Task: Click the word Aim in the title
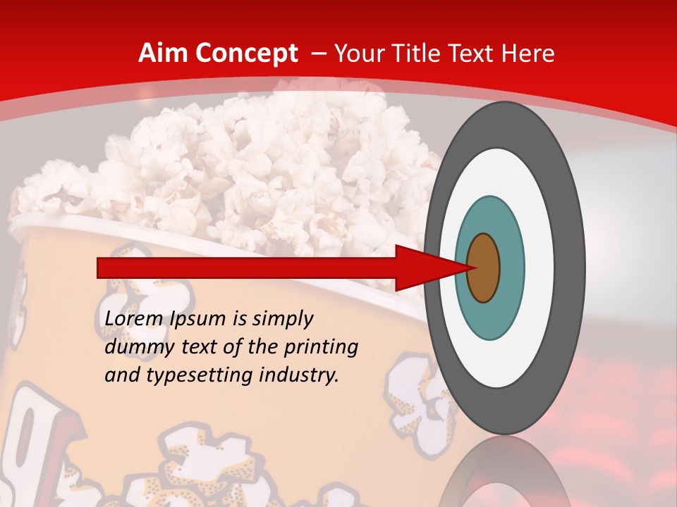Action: click(x=162, y=54)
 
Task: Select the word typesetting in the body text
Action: click(x=200, y=376)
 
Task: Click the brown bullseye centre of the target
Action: click(x=484, y=268)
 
